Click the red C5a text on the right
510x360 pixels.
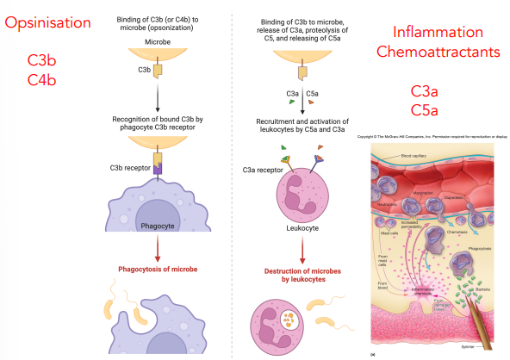[x=425, y=110]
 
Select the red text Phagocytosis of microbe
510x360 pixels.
[x=158, y=270]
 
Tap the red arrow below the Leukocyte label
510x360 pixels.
[x=301, y=250]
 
